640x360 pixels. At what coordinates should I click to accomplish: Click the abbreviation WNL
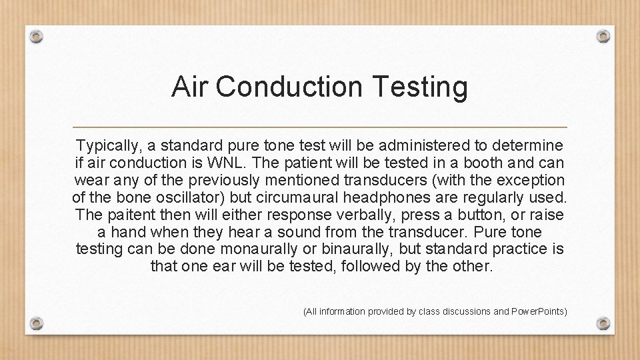click(221, 163)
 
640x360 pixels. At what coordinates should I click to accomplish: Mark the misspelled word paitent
click(125, 215)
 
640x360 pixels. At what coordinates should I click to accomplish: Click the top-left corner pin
click(37, 36)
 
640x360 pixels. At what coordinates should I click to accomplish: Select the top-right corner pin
click(603, 36)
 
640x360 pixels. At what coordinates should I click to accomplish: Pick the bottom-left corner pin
click(37, 323)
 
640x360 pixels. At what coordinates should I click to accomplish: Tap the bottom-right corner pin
click(603, 323)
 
